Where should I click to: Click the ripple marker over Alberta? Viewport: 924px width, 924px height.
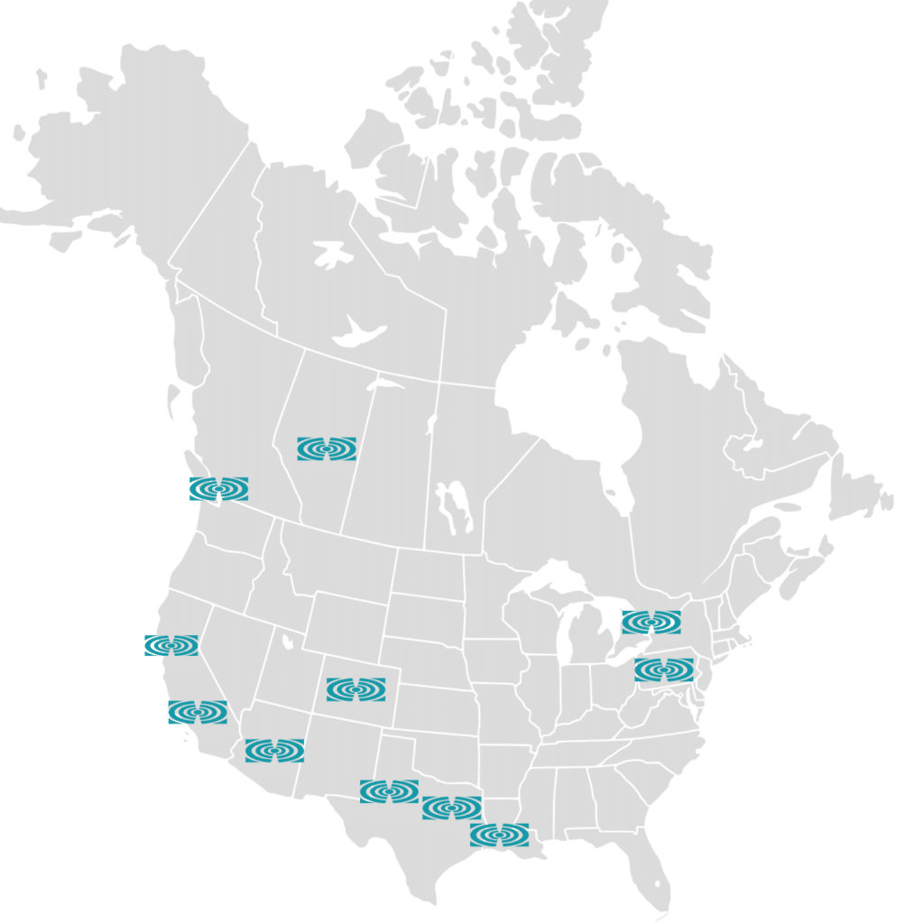tap(327, 448)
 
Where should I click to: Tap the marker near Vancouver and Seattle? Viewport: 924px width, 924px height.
tap(218, 489)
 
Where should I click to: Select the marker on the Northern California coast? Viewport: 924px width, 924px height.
tap(171, 645)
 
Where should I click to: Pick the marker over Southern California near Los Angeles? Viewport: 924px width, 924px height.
tap(197, 712)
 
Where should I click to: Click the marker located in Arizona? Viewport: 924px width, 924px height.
tap(274, 750)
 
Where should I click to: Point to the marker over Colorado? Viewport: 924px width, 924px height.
tap(356, 689)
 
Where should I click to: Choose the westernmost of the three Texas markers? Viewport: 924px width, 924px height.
tap(389, 791)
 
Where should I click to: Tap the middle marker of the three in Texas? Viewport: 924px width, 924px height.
tap(451, 808)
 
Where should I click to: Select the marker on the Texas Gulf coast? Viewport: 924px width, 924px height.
tap(499, 835)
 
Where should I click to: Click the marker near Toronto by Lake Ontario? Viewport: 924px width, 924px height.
tap(651, 622)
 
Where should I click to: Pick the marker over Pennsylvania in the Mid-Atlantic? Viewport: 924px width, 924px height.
tap(664, 670)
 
